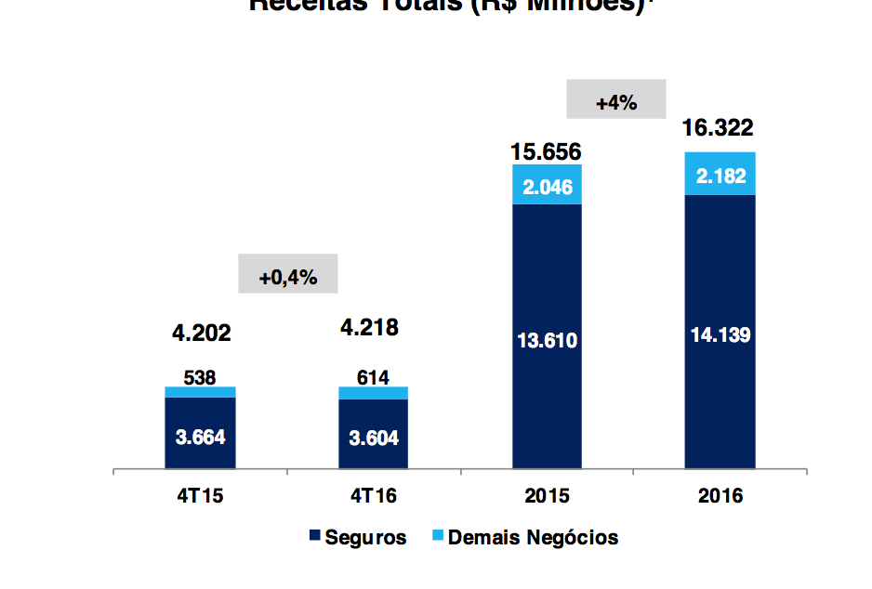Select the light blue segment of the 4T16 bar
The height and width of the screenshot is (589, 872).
pyautogui.click(x=373, y=393)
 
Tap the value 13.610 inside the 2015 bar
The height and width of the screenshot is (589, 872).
pyautogui.click(x=547, y=341)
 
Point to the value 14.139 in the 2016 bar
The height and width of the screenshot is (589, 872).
pyautogui.click(x=720, y=334)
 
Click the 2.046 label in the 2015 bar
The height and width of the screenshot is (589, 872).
pyautogui.click(x=547, y=187)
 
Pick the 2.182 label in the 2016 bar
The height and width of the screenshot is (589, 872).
pyautogui.click(x=720, y=176)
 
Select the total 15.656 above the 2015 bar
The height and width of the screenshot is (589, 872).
pyautogui.click(x=547, y=151)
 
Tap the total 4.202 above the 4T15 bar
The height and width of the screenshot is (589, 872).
pyautogui.click(x=201, y=333)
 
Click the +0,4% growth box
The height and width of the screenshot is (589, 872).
pyautogui.click(x=288, y=276)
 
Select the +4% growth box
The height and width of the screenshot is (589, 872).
pyautogui.click(x=616, y=101)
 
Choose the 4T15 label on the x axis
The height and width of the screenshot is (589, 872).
pyautogui.click(x=200, y=496)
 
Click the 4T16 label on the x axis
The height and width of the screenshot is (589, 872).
pyautogui.click(x=373, y=496)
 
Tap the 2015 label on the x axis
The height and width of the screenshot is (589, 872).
pyautogui.click(x=547, y=496)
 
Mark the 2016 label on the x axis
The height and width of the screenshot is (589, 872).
pyautogui.click(x=720, y=496)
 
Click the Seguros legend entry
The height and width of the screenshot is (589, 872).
pyautogui.click(x=357, y=538)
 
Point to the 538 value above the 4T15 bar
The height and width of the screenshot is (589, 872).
pyautogui.click(x=200, y=378)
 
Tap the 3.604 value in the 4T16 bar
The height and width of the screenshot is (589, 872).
pyautogui.click(x=373, y=438)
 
